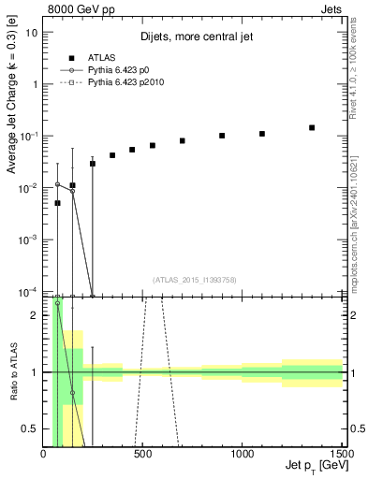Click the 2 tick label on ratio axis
pos(35,315)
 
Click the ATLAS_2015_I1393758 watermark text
pos(193,279)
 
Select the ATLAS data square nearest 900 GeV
pos(222,136)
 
